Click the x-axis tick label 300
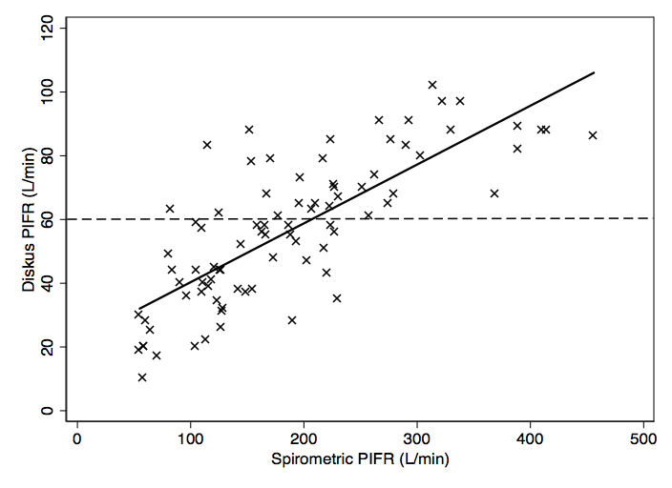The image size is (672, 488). [416, 439]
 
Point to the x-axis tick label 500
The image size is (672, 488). [643, 439]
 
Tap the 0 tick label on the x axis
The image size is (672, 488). [77, 439]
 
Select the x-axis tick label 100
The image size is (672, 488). [190, 439]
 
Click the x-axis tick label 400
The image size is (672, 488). [530, 439]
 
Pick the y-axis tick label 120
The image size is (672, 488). [46, 29]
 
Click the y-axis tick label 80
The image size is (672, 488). [46, 155]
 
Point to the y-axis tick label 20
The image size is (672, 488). [46, 347]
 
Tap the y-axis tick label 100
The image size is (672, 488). [46, 92]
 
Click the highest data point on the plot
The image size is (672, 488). [432, 85]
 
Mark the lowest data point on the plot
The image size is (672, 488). [142, 377]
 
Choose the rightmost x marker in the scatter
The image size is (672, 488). [593, 135]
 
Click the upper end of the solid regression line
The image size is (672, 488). [594, 72]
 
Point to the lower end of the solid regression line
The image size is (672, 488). [139, 308]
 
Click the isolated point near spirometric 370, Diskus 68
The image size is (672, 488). [494, 193]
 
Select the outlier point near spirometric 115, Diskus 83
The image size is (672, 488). [207, 145]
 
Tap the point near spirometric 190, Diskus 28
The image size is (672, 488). [292, 320]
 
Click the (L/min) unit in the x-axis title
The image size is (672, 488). [424, 459]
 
